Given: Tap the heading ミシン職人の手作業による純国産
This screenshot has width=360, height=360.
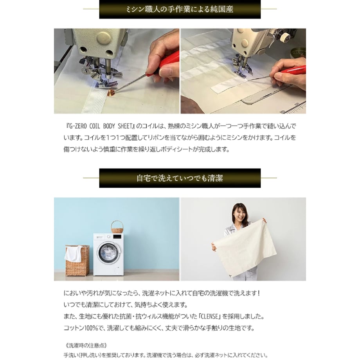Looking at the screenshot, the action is pos(180,9).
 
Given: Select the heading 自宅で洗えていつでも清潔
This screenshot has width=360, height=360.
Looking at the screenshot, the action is pos(180,178).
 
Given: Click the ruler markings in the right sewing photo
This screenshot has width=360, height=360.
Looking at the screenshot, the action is pos(294,108).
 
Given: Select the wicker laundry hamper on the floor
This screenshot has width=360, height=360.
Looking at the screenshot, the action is pos(77,261).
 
